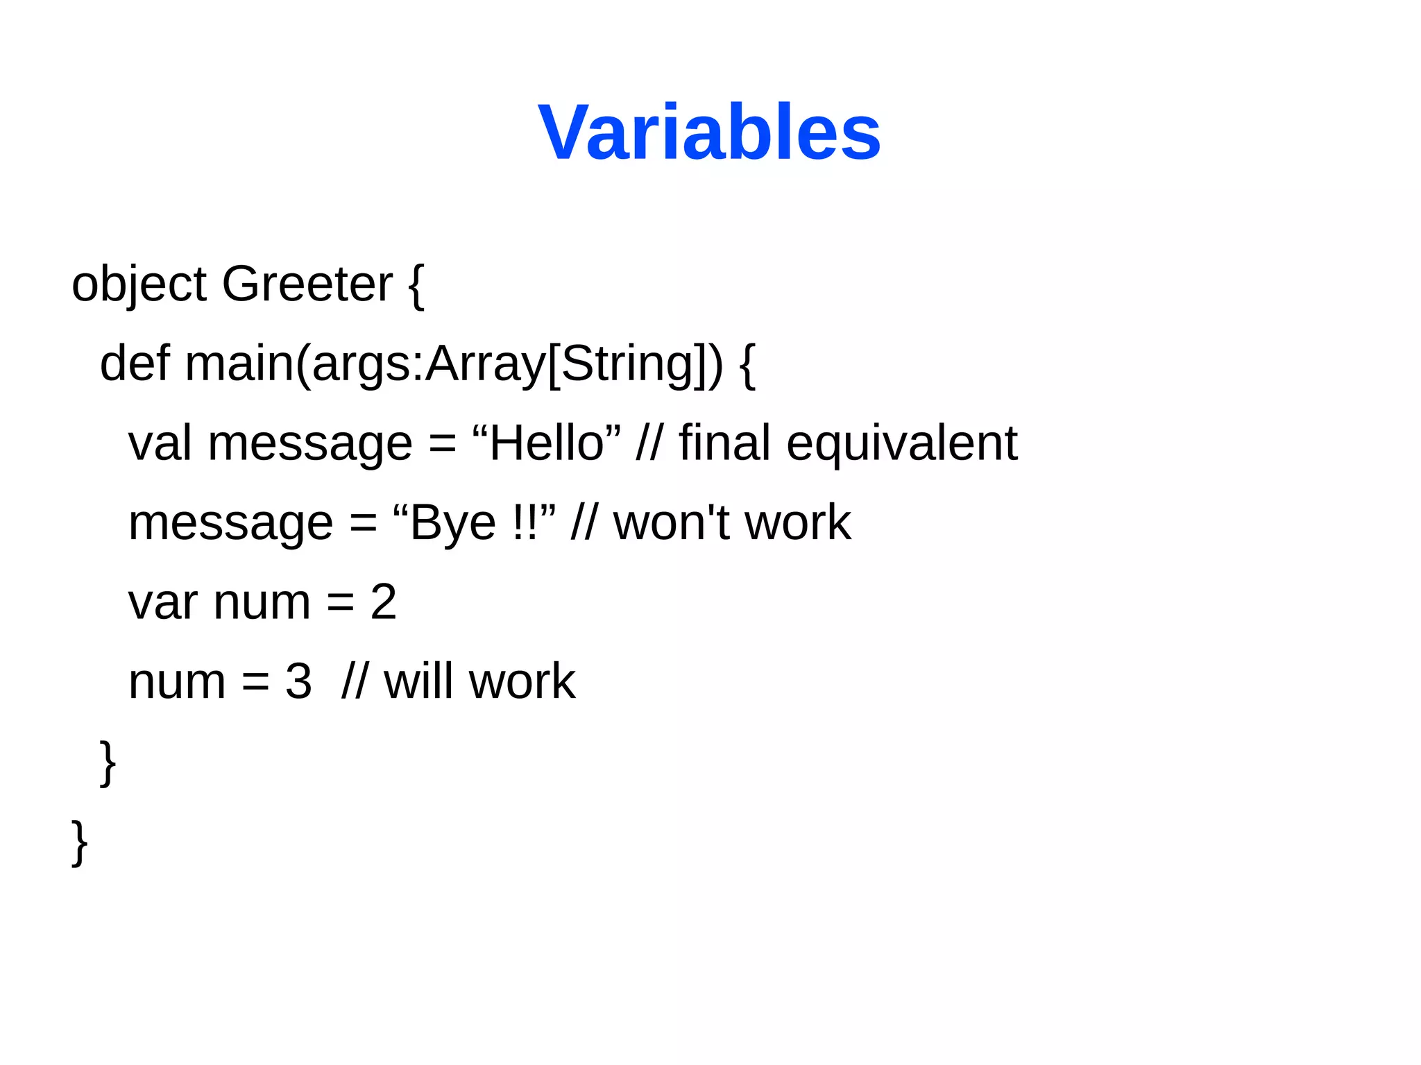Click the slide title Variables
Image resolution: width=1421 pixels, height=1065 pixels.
pos(709,132)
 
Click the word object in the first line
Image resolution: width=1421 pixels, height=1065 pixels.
pos(139,284)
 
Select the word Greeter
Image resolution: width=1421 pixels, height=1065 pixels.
pos(307,284)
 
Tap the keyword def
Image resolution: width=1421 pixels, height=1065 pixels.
pos(135,364)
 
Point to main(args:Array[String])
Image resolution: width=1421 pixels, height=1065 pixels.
pos(454,365)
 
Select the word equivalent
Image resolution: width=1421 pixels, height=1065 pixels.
pos(901,444)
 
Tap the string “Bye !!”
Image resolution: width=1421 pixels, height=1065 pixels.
pos(474,522)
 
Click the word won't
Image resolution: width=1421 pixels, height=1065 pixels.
pos(671,522)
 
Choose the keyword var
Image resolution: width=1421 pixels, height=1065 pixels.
pos(162,602)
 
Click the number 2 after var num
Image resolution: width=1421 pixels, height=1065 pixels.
pos(383,602)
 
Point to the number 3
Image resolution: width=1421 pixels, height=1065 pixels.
pos(298,681)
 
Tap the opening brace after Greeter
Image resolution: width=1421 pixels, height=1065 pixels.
pos(416,286)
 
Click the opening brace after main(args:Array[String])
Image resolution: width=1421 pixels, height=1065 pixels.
pos(747,365)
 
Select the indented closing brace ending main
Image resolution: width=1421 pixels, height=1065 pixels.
pos(108,762)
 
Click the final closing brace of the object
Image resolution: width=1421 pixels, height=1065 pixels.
pos(79,842)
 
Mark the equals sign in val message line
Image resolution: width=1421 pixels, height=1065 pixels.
pos(442,444)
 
